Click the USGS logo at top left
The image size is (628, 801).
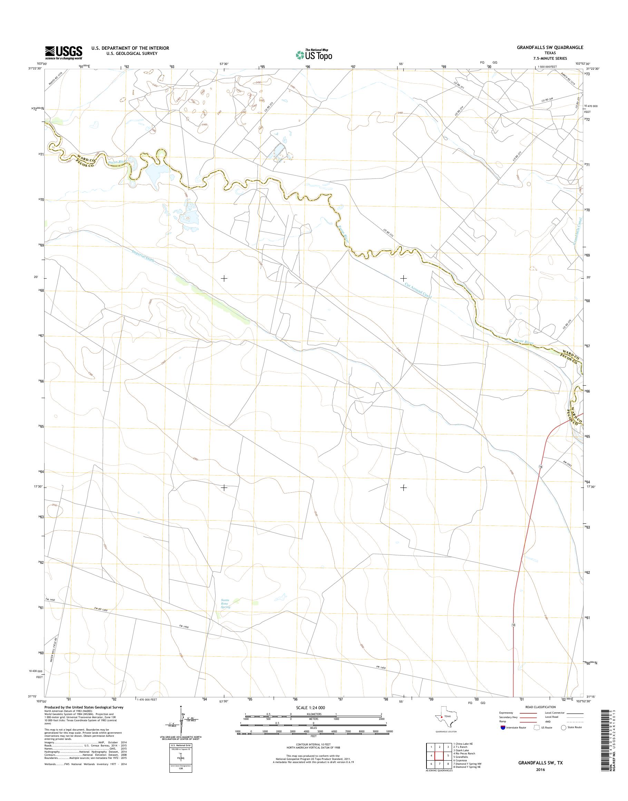click(x=63, y=53)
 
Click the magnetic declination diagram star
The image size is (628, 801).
click(x=180, y=707)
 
